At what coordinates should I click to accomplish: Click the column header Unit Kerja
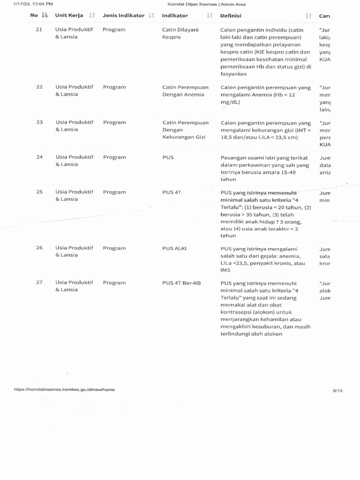point(69,15)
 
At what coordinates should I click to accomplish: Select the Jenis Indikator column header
point(123,15)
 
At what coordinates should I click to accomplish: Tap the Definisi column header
point(231,15)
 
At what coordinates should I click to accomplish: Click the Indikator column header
point(175,15)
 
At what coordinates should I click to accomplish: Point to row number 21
point(39,30)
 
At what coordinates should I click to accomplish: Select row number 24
point(39,157)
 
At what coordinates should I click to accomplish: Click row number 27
point(39,282)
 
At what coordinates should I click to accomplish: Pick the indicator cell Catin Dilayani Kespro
point(180,33)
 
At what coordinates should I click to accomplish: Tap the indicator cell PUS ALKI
point(174,248)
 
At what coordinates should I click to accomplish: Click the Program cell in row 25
point(114,192)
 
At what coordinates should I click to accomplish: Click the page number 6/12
point(337,390)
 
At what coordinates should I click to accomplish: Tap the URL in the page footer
point(64,390)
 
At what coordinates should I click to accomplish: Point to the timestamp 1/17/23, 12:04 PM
point(33,4)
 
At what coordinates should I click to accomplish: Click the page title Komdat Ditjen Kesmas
point(206,4)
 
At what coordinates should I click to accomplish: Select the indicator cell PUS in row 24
point(168,157)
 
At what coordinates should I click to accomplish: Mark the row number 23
point(39,122)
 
